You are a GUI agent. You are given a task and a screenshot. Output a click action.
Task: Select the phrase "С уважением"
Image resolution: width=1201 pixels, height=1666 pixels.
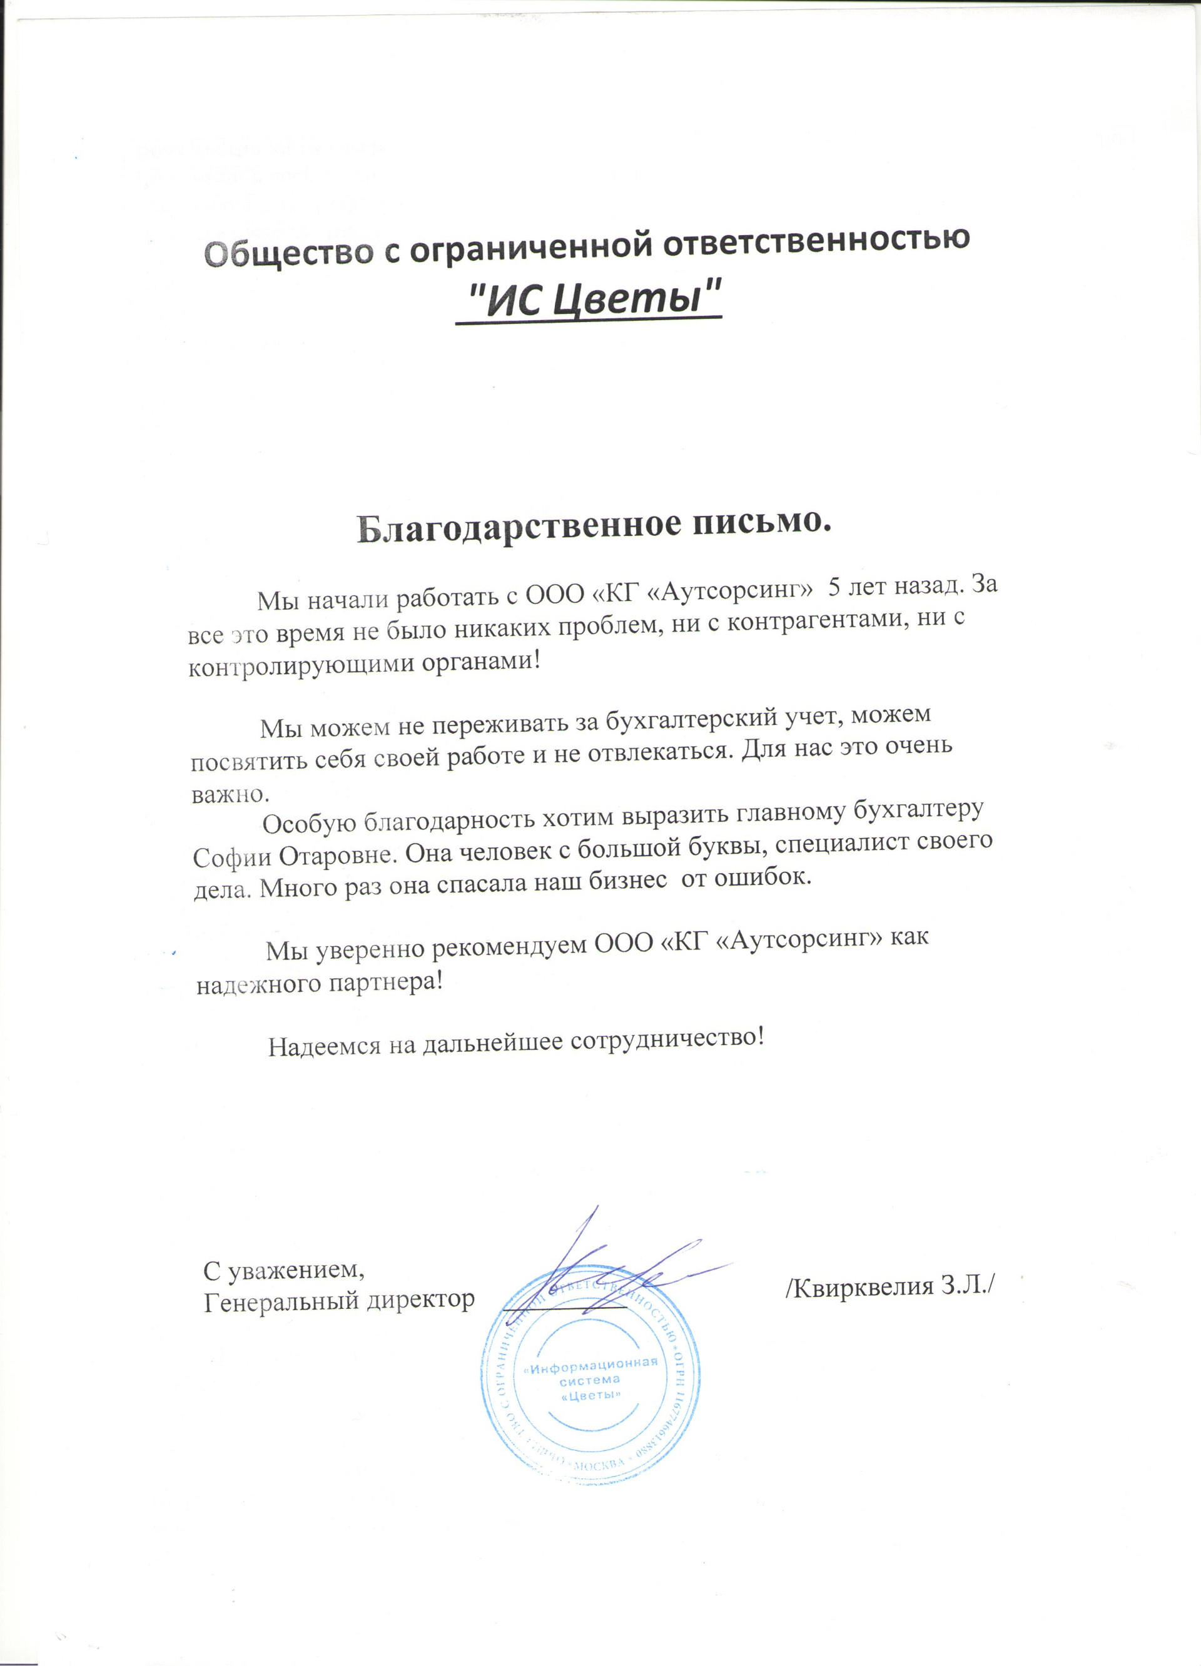(x=283, y=1269)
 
